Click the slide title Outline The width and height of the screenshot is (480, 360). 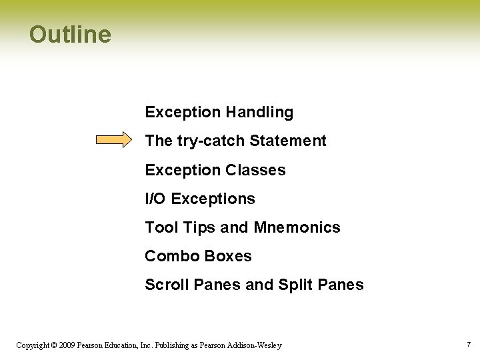pyautogui.click(x=70, y=35)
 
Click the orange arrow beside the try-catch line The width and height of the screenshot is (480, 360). pyautogui.click(x=114, y=140)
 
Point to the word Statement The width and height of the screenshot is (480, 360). pyautogui.click(x=287, y=141)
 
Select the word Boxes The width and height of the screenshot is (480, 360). pyautogui.click(x=229, y=256)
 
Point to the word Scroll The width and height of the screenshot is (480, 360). pyautogui.click(x=167, y=285)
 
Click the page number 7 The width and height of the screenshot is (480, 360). pyautogui.click(x=469, y=345)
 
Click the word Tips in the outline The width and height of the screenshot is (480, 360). pyautogui.click(x=199, y=227)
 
